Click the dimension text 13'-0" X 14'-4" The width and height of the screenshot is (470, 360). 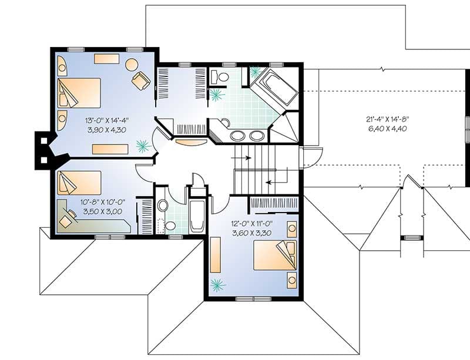pos(106,120)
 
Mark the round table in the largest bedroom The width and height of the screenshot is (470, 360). pos(132,65)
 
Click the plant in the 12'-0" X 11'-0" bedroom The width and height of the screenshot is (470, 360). pos(218,286)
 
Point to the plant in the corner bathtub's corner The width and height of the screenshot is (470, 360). pos(255,72)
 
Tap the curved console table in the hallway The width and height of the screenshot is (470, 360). pos(191,142)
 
